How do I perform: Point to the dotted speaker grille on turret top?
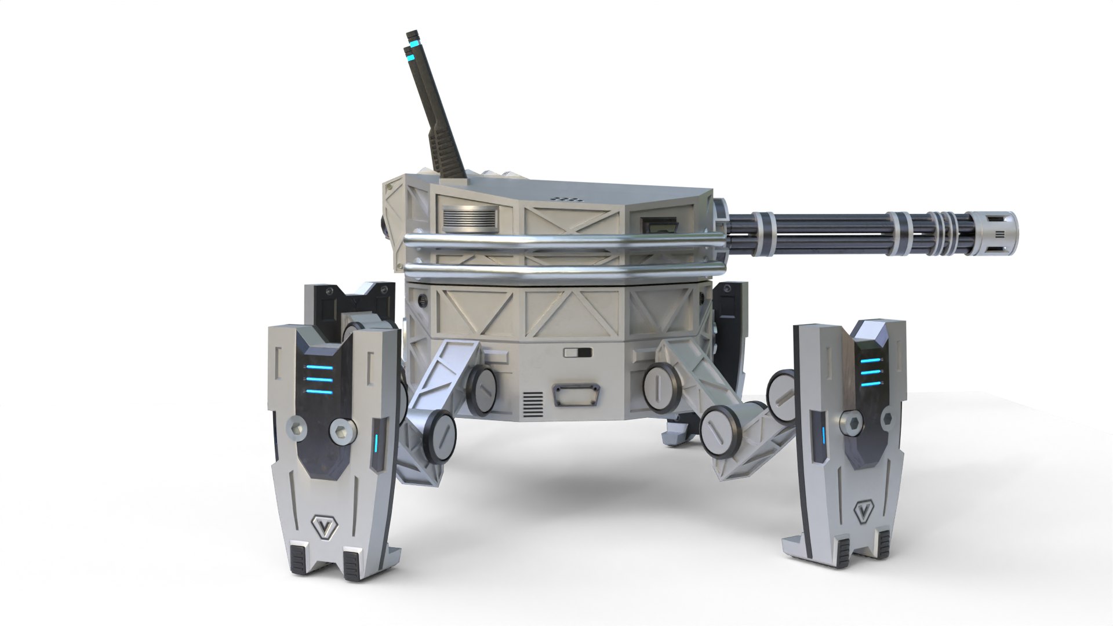[x=567, y=198]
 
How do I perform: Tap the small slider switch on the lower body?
[x=577, y=352]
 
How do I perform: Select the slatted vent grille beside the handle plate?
[x=533, y=405]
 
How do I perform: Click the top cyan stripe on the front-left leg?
[x=319, y=366]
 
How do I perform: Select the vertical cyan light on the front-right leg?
[x=822, y=434]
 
